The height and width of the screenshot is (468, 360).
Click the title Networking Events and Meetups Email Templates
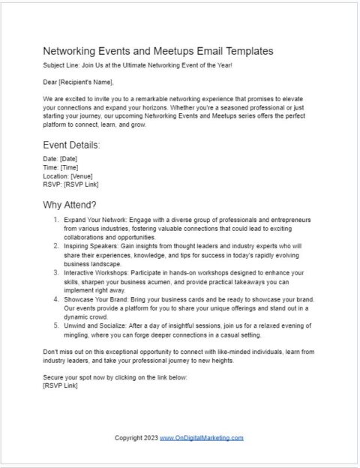click(158, 51)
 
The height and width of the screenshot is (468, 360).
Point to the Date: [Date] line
click(60, 159)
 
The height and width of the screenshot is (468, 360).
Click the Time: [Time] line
click(60, 167)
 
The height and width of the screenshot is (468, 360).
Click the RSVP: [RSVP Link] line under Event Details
click(71, 184)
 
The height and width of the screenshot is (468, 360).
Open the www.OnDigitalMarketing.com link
click(201, 438)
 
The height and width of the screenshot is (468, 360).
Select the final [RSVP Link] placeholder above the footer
click(60, 386)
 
